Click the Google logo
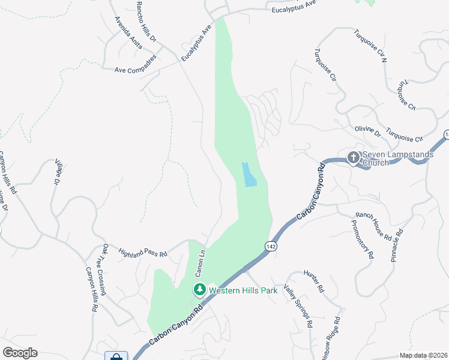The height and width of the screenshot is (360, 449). [x=20, y=353]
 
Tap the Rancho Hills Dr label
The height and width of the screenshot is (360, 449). [x=146, y=21]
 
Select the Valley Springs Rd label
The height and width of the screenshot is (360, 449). [x=298, y=306]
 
